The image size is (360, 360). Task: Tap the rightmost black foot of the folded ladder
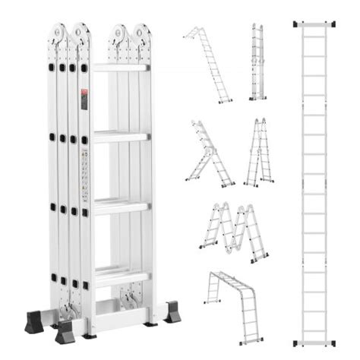(172, 313)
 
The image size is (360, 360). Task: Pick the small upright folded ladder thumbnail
(258, 62)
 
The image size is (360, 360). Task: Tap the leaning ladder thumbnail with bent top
(207, 64)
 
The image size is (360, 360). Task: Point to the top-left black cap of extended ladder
(297, 24)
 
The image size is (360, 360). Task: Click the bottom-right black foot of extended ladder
(331, 344)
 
